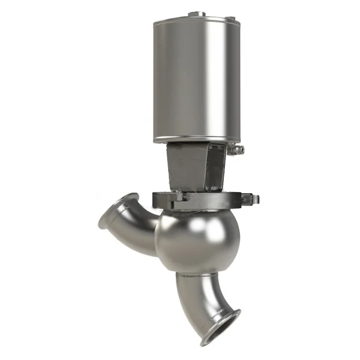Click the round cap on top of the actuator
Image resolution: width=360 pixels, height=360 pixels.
point(197,13)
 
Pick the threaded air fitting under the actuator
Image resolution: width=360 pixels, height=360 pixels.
point(238,150)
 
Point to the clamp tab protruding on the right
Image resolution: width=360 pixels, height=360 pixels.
point(253,199)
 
